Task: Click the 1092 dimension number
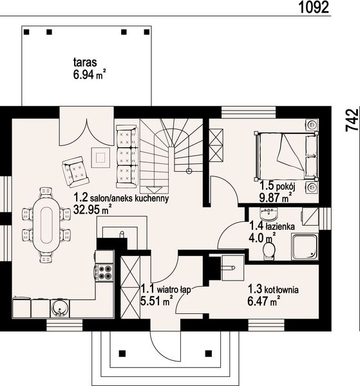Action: (x=314, y=7)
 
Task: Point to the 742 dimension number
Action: (x=352, y=120)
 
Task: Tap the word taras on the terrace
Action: (x=85, y=62)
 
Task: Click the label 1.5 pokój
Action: (x=278, y=187)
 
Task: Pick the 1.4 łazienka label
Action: (x=272, y=226)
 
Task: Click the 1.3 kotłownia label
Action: (x=273, y=289)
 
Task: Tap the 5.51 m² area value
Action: (x=156, y=300)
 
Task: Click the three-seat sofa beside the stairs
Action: (x=127, y=156)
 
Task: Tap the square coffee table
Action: (x=100, y=158)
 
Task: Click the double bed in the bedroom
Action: (x=287, y=156)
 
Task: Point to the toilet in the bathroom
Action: (x=269, y=251)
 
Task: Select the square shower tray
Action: (x=305, y=247)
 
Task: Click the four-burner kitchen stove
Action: (x=104, y=273)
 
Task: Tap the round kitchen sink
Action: (x=60, y=309)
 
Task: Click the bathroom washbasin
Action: (x=269, y=214)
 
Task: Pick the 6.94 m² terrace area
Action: (x=90, y=75)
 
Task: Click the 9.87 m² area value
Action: (x=274, y=198)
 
